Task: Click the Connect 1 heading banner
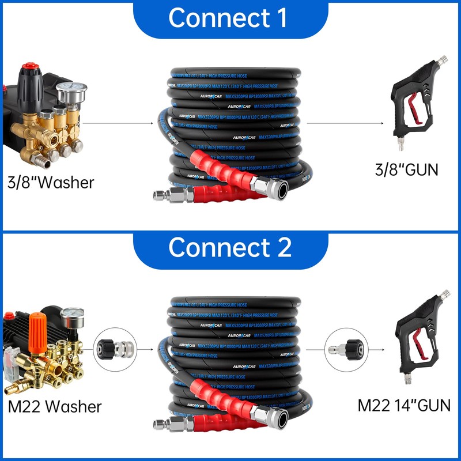[230, 18]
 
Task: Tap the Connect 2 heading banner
[230, 248]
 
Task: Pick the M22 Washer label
[55, 406]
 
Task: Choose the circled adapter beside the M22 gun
[344, 349]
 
